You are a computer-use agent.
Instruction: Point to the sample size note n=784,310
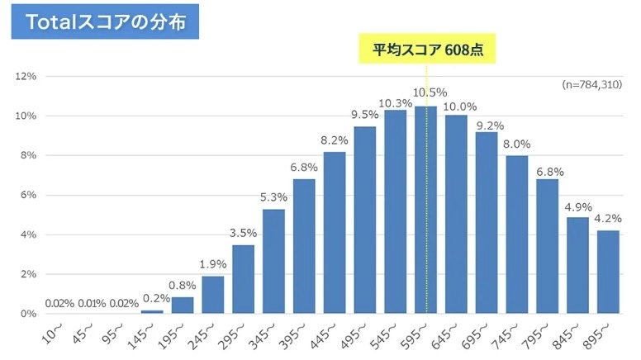(x=591, y=84)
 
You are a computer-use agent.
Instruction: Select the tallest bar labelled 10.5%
(x=425, y=210)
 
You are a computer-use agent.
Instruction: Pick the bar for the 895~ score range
(x=608, y=272)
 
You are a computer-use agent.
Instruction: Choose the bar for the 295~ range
(x=243, y=279)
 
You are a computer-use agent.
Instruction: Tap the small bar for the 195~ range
(x=182, y=306)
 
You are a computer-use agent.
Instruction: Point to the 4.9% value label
(x=577, y=206)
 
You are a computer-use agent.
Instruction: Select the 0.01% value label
(x=91, y=303)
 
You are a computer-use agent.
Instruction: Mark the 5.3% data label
(x=273, y=199)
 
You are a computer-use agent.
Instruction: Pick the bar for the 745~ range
(x=517, y=234)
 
